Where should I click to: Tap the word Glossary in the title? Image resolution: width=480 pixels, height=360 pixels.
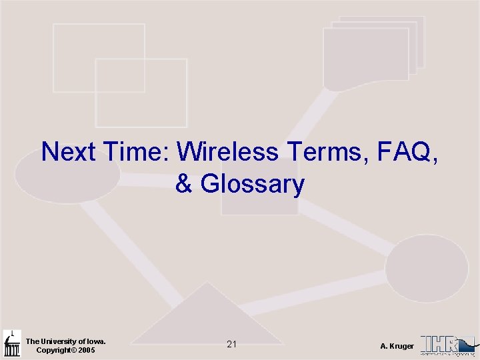coord(253,184)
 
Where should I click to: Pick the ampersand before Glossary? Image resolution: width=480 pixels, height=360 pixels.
coord(185,184)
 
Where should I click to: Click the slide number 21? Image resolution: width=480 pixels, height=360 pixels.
coord(231,345)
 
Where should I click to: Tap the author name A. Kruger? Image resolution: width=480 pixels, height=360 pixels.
coord(397,346)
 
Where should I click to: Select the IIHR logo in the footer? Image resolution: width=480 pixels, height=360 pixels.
coord(447,344)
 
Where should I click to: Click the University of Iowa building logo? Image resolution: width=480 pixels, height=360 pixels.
coord(12,343)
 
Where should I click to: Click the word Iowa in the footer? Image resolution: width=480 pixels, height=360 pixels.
coord(95,341)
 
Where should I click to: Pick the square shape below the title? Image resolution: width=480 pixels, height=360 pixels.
coord(259,203)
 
